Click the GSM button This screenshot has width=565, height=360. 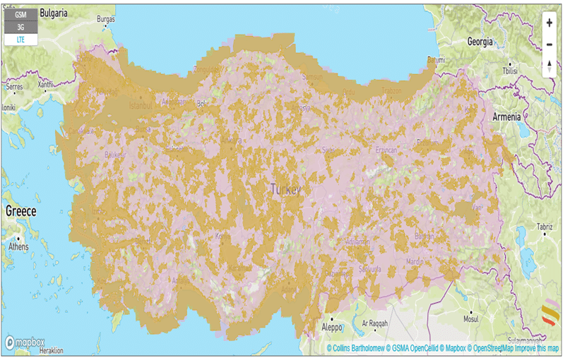[21, 14]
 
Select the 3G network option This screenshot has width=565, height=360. [21, 28]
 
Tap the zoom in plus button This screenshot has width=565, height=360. [549, 22]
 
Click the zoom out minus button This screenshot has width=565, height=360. [549, 44]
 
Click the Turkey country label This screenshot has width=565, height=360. [285, 190]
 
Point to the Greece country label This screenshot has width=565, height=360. [21, 211]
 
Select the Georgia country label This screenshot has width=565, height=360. [480, 42]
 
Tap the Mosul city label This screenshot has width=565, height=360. [470, 319]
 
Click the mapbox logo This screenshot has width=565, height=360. [25, 342]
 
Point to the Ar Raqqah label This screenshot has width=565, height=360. [376, 323]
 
